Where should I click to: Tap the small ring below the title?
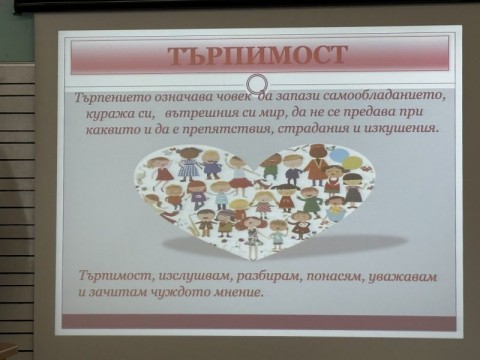256,83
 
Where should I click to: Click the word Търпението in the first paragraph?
112,101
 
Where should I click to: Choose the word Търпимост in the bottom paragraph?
111,276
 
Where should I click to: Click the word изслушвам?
188,275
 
